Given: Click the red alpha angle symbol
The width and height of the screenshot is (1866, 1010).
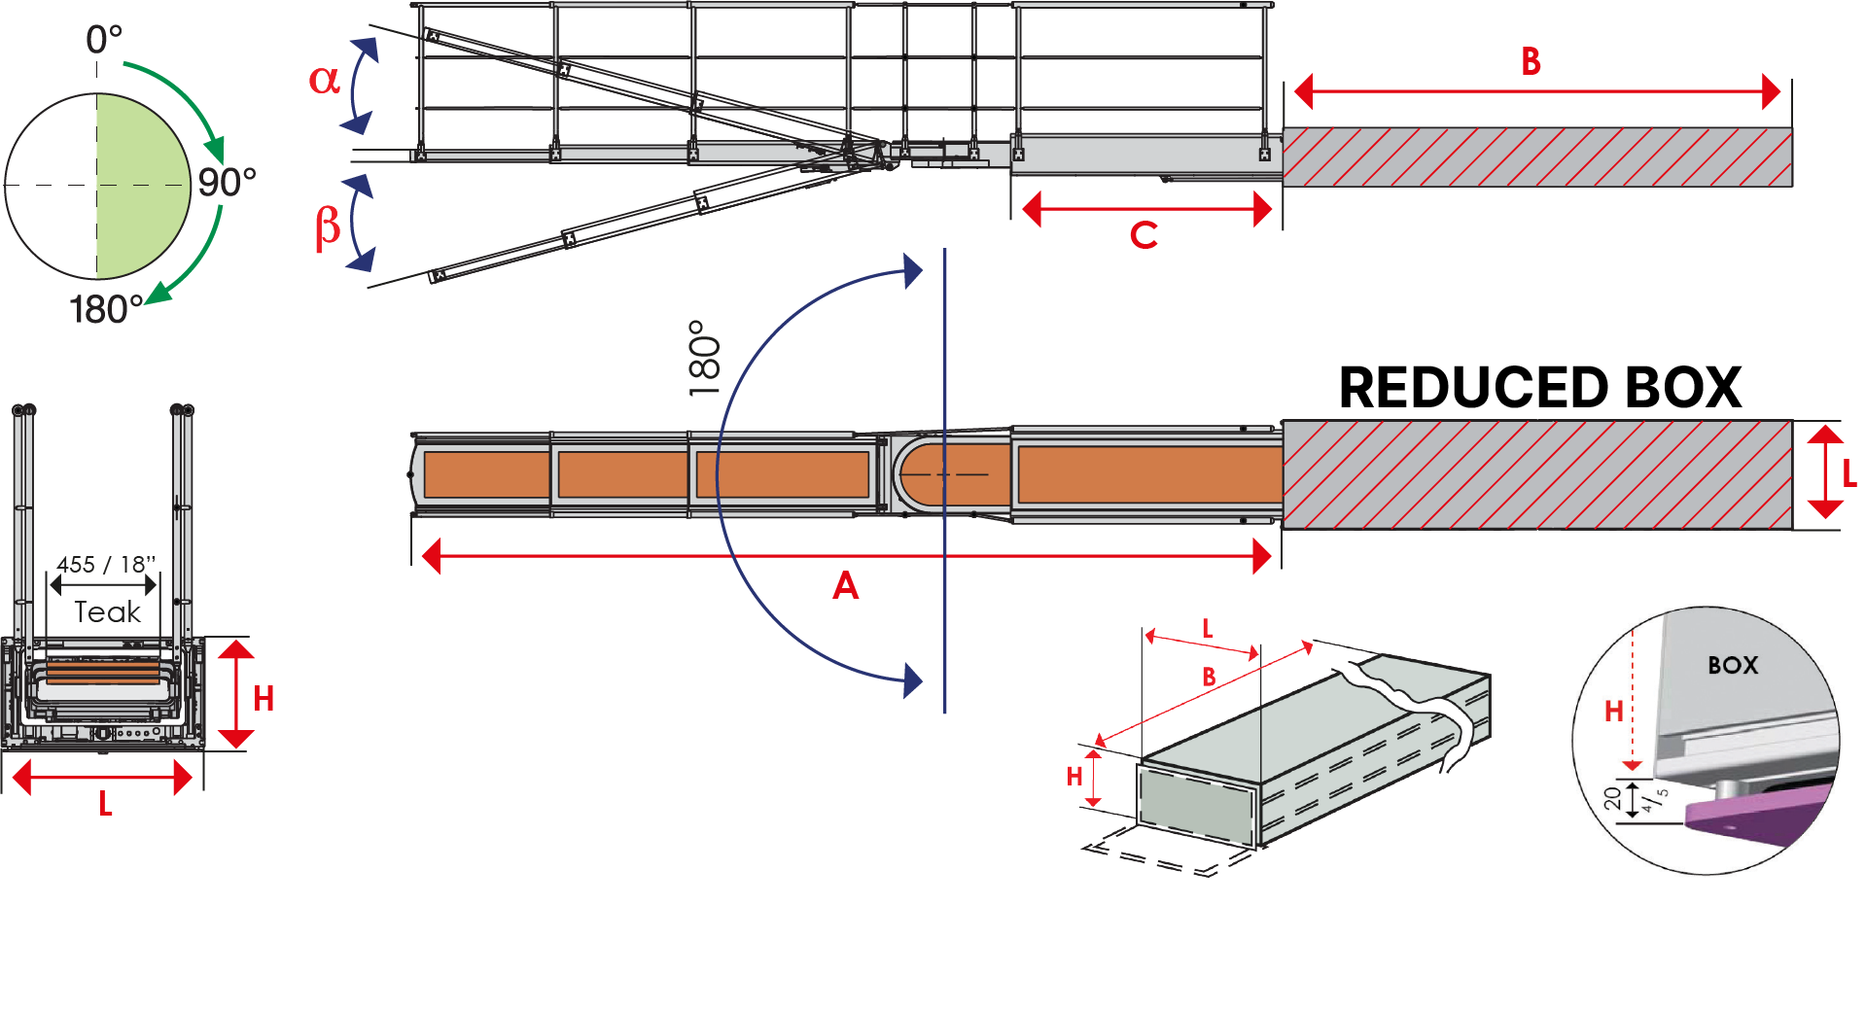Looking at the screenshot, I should tap(325, 80).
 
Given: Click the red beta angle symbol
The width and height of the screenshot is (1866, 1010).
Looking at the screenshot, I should tap(327, 227).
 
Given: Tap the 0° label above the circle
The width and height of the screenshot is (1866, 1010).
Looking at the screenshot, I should tap(104, 40).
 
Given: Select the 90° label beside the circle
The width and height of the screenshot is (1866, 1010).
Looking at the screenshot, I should tap(227, 182).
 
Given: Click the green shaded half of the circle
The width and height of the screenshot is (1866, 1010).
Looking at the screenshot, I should tap(141, 185).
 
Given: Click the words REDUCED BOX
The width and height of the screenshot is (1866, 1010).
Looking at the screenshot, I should tap(1539, 387).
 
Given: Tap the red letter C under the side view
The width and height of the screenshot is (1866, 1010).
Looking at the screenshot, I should tap(1144, 235).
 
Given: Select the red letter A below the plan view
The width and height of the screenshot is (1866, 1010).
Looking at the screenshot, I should tap(846, 586).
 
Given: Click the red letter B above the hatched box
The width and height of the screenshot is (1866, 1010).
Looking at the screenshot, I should tap(1531, 61).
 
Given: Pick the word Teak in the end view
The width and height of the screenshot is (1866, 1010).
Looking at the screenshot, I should tap(107, 612).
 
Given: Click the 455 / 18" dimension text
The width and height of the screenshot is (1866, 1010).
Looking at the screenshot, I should tap(106, 565).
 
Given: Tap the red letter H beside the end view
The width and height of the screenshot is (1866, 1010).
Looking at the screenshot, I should tap(264, 699).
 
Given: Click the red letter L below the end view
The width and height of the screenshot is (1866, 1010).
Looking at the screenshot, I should tap(105, 804).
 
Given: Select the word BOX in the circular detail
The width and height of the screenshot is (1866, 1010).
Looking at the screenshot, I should tap(1733, 666).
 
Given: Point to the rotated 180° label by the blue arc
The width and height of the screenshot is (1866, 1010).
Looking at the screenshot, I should tap(704, 358).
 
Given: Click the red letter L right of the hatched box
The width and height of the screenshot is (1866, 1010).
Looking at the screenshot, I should tap(1848, 473).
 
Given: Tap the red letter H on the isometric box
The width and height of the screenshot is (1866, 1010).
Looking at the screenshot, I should tap(1074, 776).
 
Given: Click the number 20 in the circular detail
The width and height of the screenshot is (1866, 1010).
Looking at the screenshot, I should tap(1611, 798).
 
